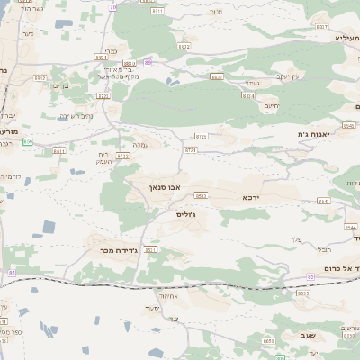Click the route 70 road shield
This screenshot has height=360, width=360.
point(112,6)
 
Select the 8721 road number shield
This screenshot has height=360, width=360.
point(103,95)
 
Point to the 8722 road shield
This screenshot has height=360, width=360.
point(122,156)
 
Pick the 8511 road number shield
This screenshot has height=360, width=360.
point(151,249)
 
